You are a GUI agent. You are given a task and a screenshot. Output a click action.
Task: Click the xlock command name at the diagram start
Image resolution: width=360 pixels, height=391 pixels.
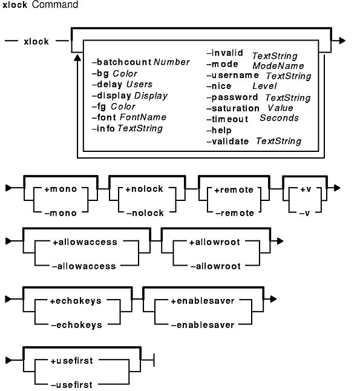pyautogui.click(x=36, y=41)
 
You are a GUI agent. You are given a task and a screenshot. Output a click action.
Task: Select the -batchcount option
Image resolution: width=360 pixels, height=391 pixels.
pyautogui.click(x=122, y=62)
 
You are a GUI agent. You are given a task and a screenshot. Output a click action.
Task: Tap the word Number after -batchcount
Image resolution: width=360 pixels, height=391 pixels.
pyautogui.click(x=172, y=62)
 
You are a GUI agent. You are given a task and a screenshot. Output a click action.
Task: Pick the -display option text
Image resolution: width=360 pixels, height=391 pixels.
pyautogui.click(x=111, y=96)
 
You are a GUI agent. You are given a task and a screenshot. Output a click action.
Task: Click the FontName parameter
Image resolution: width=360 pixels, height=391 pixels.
pyautogui.click(x=143, y=117)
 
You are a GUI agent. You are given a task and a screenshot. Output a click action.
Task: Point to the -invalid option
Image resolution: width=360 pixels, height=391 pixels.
pyautogui.click(x=224, y=53)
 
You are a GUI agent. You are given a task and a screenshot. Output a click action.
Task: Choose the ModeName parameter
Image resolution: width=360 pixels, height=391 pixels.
pyautogui.click(x=278, y=66)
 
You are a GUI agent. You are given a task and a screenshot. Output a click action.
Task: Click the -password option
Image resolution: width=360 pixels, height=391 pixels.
pyautogui.click(x=232, y=97)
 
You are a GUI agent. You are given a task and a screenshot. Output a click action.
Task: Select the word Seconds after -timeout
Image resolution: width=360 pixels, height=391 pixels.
pyautogui.click(x=279, y=117)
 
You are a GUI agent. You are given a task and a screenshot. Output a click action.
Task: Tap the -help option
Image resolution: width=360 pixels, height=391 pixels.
pyautogui.click(x=219, y=130)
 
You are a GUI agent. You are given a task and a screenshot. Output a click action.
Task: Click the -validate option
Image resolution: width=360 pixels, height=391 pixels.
pyautogui.click(x=227, y=142)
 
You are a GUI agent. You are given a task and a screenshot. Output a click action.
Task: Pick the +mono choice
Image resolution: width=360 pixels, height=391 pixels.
pyautogui.click(x=61, y=189)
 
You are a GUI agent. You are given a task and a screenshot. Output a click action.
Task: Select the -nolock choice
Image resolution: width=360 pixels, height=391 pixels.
pyautogui.click(x=145, y=213)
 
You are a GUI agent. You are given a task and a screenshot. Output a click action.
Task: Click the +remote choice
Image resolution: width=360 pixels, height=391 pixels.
pyautogui.click(x=234, y=190)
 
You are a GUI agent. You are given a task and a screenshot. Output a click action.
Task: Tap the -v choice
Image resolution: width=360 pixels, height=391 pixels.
pyautogui.click(x=305, y=213)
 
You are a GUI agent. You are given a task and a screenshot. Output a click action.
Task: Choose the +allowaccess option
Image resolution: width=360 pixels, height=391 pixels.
pyautogui.click(x=85, y=242)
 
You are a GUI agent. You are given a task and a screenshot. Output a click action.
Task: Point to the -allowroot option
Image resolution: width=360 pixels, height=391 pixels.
pyautogui.click(x=215, y=266)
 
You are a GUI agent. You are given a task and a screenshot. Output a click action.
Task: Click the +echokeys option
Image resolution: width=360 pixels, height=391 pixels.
pyautogui.click(x=76, y=301)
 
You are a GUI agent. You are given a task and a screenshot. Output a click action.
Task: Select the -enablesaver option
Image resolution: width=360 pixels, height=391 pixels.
pyautogui.click(x=203, y=325)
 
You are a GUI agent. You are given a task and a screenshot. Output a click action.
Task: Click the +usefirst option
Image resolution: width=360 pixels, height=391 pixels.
pyautogui.click(x=72, y=361)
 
